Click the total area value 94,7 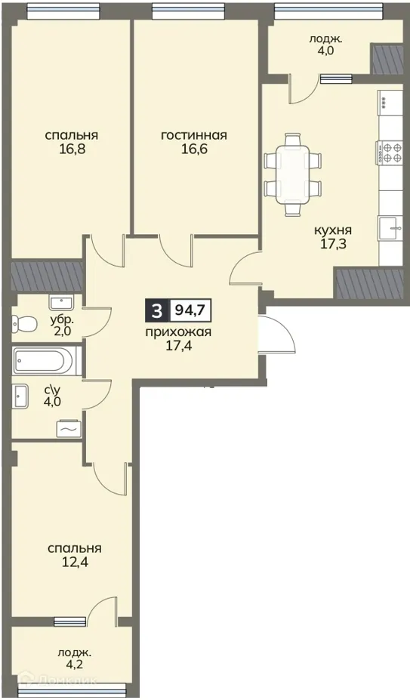(x=189, y=310)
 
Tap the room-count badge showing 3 (x=156, y=310)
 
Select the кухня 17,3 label (x=333, y=238)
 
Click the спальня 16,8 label (x=72, y=142)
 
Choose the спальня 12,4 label (x=74, y=555)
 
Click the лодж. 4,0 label (x=325, y=45)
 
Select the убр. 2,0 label (x=61, y=325)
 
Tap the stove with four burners (x=390, y=153)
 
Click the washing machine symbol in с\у (x=67, y=428)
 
